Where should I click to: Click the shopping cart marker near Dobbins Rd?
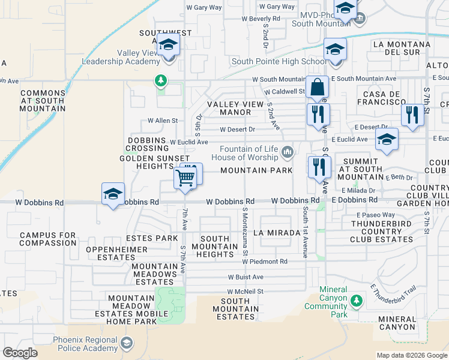point(185,178)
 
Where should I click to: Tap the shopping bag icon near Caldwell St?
point(317,87)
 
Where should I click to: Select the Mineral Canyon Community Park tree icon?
point(357,299)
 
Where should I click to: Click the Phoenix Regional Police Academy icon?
point(126,343)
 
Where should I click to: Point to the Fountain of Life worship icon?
point(288,153)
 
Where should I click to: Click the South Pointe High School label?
point(279,61)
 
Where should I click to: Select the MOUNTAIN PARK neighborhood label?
point(256,170)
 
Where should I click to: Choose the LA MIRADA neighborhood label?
point(277,232)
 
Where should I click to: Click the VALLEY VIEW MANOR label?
point(235,108)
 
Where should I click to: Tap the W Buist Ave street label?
point(246,277)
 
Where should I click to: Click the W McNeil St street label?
point(246,292)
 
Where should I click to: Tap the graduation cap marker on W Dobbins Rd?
point(113,194)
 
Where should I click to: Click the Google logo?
point(20,353)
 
